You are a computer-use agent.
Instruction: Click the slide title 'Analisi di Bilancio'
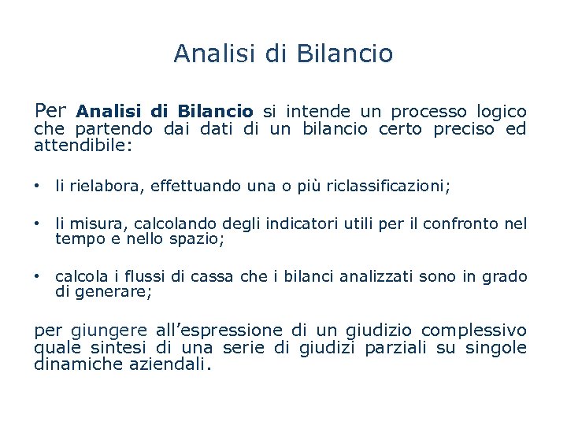(x=283, y=54)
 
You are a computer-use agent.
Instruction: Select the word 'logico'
(x=502, y=112)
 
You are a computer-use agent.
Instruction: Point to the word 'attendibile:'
(x=83, y=146)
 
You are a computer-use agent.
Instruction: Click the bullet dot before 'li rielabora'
(x=37, y=186)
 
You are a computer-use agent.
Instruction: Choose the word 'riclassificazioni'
(x=388, y=186)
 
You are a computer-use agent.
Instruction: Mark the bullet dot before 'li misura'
(x=37, y=224)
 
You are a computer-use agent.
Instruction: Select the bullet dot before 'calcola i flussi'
(x=37, y=276)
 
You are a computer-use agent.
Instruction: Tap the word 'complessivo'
(x=473, y=330)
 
